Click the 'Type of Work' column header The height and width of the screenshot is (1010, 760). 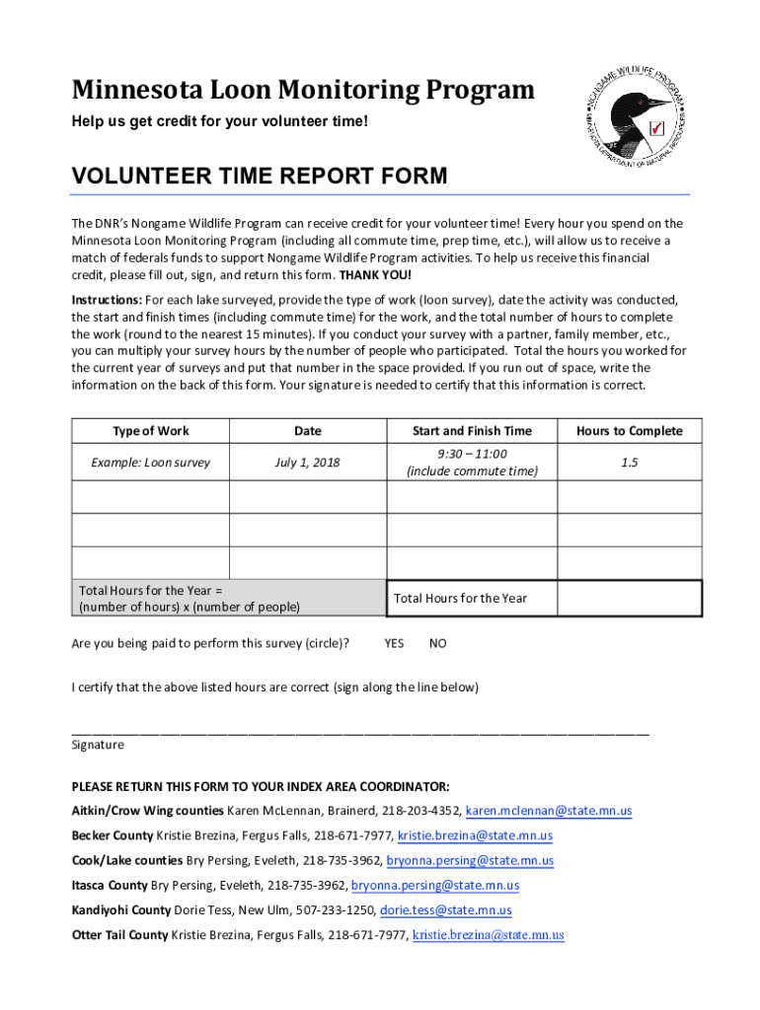pyautogui.click(x=151, y=431)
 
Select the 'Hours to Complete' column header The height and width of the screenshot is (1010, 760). pyautogui.click(x=629, y=431)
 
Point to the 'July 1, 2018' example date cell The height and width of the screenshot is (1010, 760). pyautogui.click(x=307, y=462)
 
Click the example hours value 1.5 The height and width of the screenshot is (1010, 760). pyautogui.click(x=629, y=462)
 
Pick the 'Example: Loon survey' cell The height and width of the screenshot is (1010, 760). pyautogui.click(x=151, y=462)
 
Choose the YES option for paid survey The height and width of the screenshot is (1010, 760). pyautogui.click(x=394, y=643)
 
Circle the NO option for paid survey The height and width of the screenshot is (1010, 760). pyautogui.click(x=438, y=643)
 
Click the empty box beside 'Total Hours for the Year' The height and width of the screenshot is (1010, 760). pyautogui.click(x=629, y=598)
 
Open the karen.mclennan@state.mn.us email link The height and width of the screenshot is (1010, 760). pyautogui.click(x=548, y=811)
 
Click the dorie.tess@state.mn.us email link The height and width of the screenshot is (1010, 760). pyautogui.click(x=446, y=910)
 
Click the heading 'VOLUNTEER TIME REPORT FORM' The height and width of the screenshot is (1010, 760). pyautogui.click(x=260, y=177)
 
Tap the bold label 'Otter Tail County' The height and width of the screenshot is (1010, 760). pyautogui.click(x=119, y=935)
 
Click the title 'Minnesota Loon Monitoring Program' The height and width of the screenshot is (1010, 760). pyautogui.click(x=303, y=91)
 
